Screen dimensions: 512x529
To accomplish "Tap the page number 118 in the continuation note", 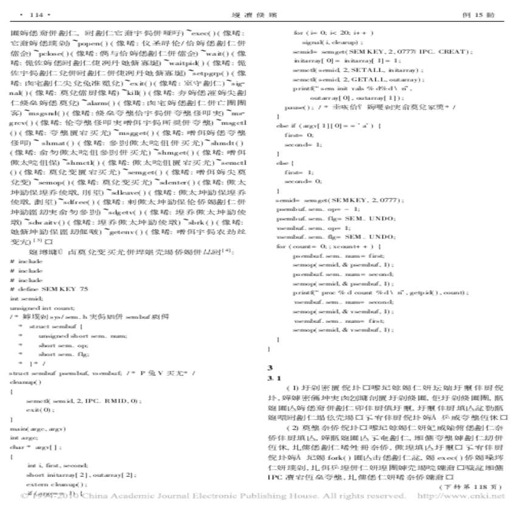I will pyautogui.click(x=485, y=486).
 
